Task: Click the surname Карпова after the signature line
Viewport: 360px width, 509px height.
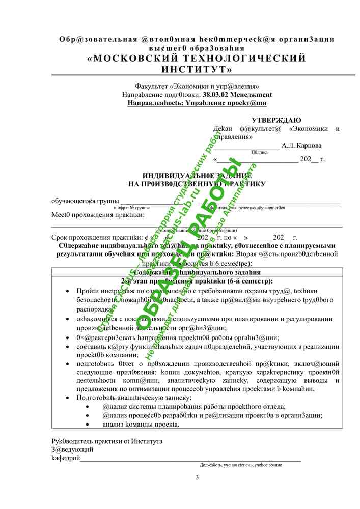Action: (308, 145)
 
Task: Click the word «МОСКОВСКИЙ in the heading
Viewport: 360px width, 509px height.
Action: (133, 58)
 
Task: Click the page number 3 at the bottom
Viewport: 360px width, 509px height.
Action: (197, 477)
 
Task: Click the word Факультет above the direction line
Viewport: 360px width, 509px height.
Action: (153, 87)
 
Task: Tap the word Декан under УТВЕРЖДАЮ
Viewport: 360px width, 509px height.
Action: (223, 129)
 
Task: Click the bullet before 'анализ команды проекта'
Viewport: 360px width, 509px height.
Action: (89, 424)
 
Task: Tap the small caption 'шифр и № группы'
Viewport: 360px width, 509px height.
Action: (131, 208)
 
